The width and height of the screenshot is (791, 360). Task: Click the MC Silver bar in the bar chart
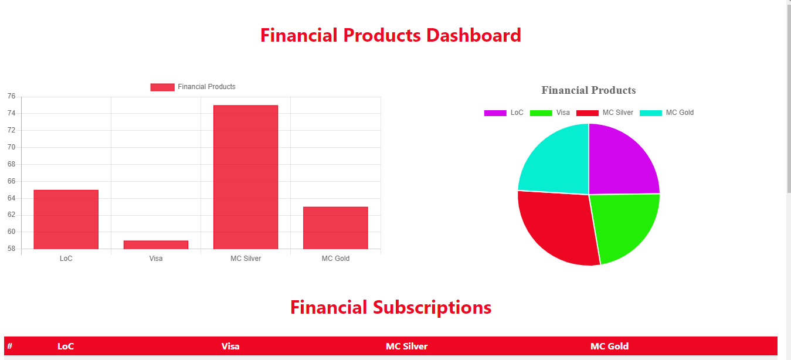coord(246,177)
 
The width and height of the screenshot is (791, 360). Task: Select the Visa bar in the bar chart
coord(156,245)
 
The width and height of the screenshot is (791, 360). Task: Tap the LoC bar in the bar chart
coord(66,219)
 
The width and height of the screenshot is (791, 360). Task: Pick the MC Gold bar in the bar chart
coord(335,228)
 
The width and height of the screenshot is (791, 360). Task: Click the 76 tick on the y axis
coord(11,96)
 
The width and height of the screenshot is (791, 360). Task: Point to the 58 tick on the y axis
coord(11,249)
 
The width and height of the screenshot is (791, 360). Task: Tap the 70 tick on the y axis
coord(11,147)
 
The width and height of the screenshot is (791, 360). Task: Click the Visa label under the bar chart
coord(156,259)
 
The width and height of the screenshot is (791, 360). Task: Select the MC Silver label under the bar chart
coord(246,259)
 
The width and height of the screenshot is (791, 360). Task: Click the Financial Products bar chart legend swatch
coord(162,87)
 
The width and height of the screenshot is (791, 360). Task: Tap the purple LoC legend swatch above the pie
coord(495,113)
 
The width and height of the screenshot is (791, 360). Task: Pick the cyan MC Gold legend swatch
coord(651,113)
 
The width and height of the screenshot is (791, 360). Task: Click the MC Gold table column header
coord(609,347)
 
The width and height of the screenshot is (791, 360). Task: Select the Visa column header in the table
coord(230,347)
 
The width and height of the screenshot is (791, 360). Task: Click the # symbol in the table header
coord(9,347)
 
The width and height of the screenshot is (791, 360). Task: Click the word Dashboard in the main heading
coord(474,35)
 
